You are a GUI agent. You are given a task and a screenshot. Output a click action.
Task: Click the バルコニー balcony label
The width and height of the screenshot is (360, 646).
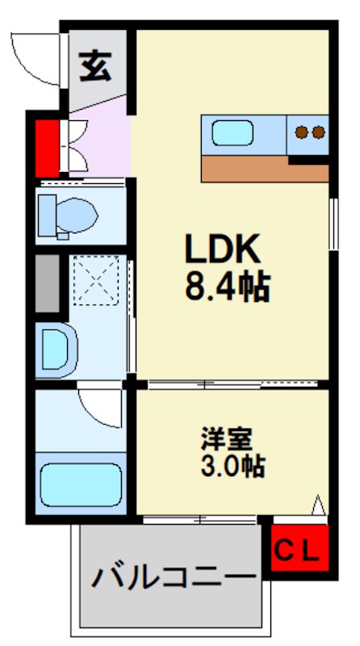click(171, 578)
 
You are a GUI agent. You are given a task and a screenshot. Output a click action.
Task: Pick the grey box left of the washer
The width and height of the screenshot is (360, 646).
click(48, 283)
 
